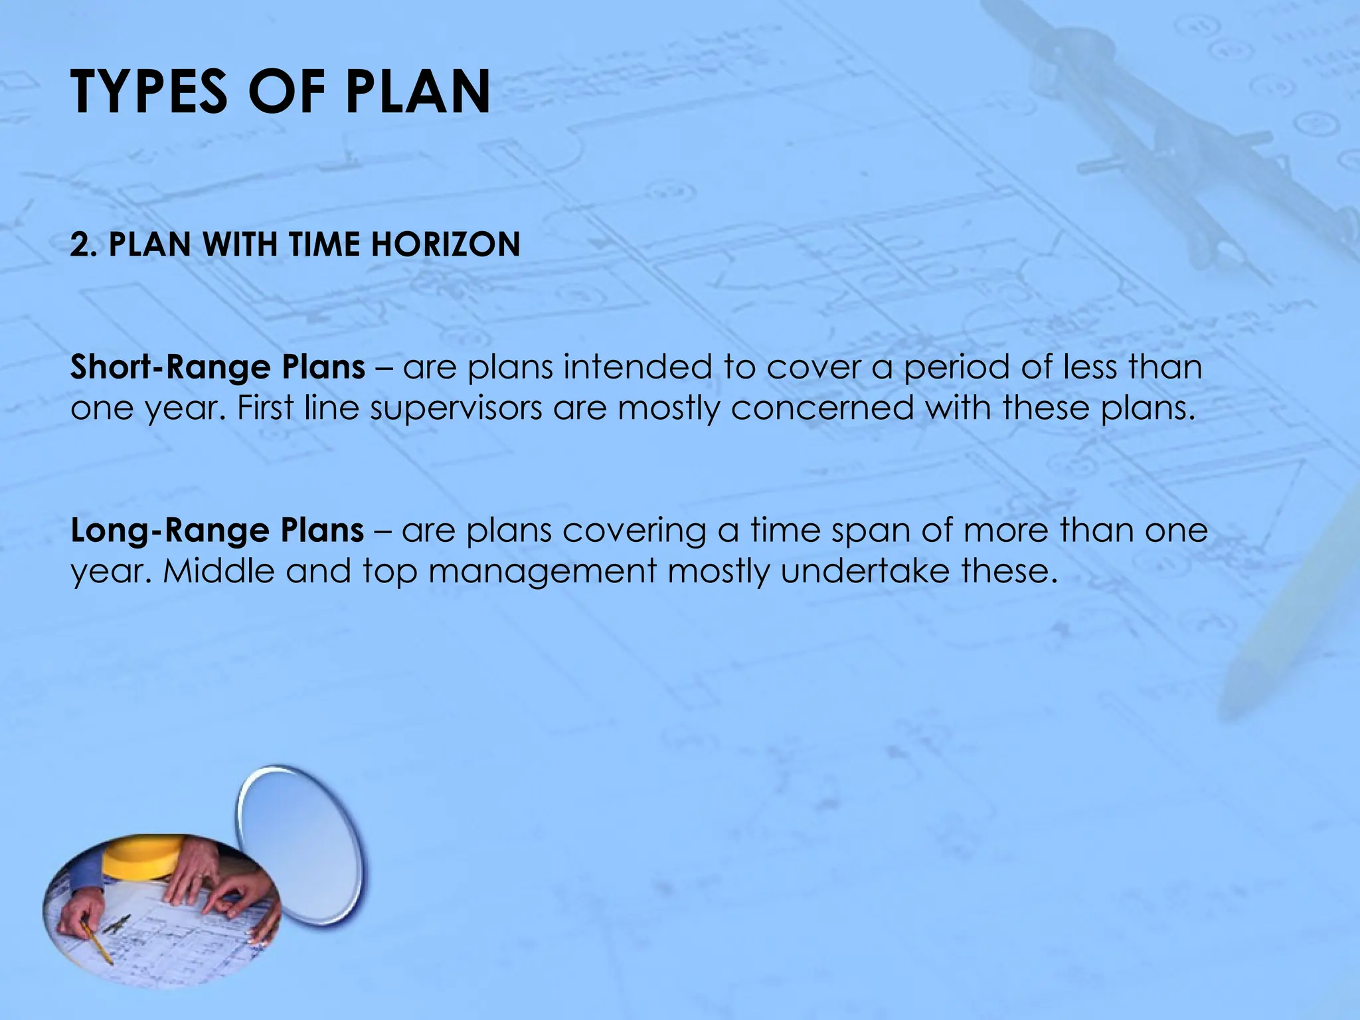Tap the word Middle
218,571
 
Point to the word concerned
822,408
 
